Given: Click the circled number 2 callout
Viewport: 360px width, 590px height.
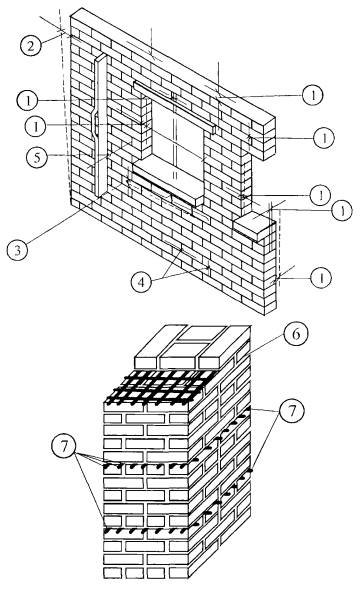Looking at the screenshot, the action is click(x=30, y=45).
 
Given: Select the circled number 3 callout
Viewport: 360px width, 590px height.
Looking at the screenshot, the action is click(x=18, y=249).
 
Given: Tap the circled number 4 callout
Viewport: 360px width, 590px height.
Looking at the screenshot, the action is click(x=141, y=281).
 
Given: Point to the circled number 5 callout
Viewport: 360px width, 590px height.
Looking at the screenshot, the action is click(x=37, y=157).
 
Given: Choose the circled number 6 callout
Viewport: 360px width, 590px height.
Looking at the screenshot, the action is click(x=296, y=334).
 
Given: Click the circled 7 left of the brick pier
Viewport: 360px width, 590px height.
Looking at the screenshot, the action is click(x=64, y=446).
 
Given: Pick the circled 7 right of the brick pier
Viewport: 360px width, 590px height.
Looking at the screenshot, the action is click(x=292, y=410).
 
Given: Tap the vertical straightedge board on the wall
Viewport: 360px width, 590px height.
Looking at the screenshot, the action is click(x=100, y=125).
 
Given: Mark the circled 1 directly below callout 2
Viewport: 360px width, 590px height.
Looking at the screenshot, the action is click(x=27, y=100).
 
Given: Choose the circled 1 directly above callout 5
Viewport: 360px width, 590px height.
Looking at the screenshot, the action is click(x=35, y=126).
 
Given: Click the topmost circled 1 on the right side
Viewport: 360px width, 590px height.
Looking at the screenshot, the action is click(x=313, y=95).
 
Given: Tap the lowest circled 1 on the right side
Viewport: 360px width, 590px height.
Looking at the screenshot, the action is click(x=321, y=278).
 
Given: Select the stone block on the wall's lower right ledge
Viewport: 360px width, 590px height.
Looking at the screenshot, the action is click(x=253, y=225).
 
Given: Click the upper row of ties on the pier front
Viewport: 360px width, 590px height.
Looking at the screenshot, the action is click(x=146, y=466).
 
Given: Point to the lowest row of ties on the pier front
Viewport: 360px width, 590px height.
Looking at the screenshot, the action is click(x=146, y=532).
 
